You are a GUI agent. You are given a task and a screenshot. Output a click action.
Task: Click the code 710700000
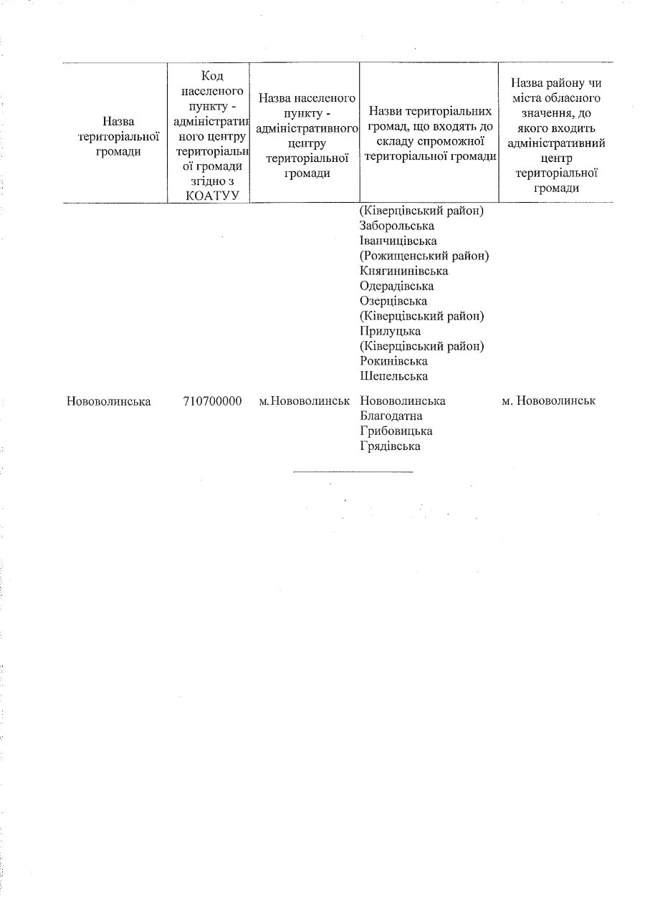pyautogui.click(x=212, y=401)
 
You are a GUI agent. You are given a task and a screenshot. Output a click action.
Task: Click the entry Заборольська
pyautogui.click(x=397, y=226)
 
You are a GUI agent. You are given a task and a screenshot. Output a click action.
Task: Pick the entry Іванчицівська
pyautogui.click(x=398, y=241)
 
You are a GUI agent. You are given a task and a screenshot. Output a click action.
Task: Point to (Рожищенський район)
pyautogui.click(x=429, y=256)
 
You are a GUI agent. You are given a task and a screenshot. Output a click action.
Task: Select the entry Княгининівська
pyautogui.click(x=404, y=272)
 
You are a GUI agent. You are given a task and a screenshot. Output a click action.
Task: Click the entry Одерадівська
pyautogui.click(x=397, y=287)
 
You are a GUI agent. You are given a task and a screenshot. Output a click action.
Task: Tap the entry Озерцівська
pyautogui.click(x=393, y=302)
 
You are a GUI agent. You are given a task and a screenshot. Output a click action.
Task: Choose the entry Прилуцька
pyautogui.click(x=390, y=332)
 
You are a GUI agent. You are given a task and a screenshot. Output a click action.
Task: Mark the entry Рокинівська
pyautogui.click(x=393, y=362)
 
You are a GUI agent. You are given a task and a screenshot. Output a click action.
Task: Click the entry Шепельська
pyautogui.click(x=393, y=377)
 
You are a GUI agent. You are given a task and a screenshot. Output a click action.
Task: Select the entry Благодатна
pyautogui.click(x=391, y=416)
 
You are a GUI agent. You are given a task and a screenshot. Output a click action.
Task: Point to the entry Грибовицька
pyautogui.click(x=396, y=431)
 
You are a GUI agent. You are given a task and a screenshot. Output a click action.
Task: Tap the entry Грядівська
pyautogui.click(x=390, y=446)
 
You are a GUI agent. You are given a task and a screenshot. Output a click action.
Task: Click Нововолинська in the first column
pyautogui.click(x=108, y=401)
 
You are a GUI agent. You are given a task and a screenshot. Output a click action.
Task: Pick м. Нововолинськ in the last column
pyautogui.click(x=549, y=401)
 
